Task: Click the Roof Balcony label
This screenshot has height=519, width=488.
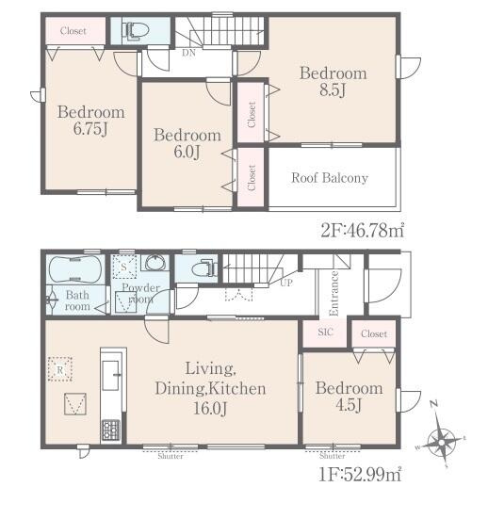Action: tap(330, 178)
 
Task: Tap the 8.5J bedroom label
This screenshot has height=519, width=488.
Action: tap(333, 81)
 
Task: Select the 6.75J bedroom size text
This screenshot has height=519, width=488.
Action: tap(90, 128)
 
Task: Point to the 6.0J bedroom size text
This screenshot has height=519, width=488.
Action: tap(187, 152)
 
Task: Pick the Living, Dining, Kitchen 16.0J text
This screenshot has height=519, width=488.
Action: tap(211, 389)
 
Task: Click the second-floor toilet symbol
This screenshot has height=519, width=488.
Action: tap(135, 31)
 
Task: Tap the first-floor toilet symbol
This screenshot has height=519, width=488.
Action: tap(204, 268)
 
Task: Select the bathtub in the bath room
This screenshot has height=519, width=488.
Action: tap(75, 269)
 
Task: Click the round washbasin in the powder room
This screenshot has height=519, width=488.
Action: tap(155, 263)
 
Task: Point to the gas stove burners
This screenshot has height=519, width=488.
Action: tap(110, 430)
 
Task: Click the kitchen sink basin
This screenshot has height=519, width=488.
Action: tap(110, 375)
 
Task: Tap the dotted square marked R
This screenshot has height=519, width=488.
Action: tap(60, 369)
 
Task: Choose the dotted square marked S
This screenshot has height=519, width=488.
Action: tap(124, 267)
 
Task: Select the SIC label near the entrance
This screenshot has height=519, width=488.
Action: tap(325, 332)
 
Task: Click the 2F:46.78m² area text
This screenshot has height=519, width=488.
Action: tap(363, 231)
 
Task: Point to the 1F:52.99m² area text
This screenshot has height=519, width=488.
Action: tap(360, 474)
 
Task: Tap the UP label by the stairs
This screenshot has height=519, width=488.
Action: tap(286, 283)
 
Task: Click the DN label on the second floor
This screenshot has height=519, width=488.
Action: tap(188, 53)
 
